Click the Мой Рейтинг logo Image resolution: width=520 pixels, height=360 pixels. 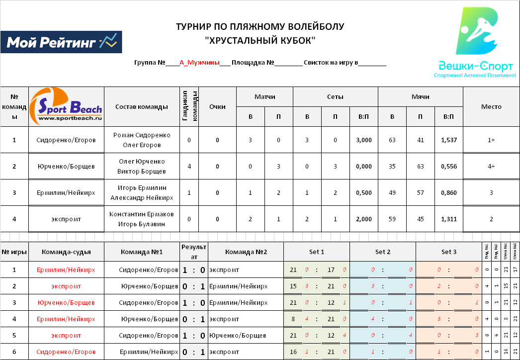coord(61,42)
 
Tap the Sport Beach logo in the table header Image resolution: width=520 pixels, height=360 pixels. coord(66,107)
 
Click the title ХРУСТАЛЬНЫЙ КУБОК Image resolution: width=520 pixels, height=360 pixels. coord(260,41)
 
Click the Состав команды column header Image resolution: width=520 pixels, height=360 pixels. coord(141,107)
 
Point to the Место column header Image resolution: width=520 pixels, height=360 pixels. coord(491,107)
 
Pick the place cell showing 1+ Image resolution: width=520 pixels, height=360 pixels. coord(491,140)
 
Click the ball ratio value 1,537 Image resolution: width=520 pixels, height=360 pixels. coord(448,140)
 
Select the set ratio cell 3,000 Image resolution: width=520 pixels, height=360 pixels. coord(364,140)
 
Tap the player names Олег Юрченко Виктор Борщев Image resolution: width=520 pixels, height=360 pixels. coord(141,167)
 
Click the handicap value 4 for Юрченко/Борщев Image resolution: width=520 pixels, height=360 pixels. coord(189,167)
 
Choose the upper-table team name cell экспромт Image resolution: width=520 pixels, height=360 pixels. coord(66,219)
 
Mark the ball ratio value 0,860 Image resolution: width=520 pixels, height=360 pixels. coord(448,193)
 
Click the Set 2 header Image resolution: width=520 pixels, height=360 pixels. coord(382,252)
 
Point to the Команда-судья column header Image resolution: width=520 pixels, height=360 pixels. coord(66,252)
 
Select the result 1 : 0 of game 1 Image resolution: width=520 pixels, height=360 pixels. coord(193,270)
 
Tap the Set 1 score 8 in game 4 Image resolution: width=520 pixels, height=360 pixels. coord(293,319)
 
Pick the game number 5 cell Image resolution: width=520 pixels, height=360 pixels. coord(14,336)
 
